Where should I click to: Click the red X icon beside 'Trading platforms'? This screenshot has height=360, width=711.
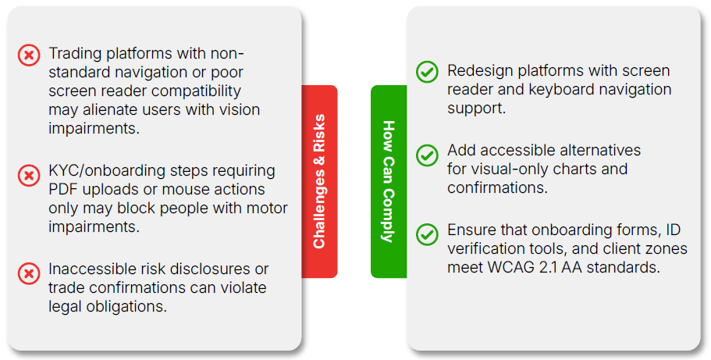click(28, 55)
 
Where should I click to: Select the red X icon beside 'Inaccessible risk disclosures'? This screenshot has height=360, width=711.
click(28, 273)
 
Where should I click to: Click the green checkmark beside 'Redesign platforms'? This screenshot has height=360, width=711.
click(427, 73)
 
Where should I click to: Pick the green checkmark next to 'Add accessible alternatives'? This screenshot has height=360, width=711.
click(427, 155)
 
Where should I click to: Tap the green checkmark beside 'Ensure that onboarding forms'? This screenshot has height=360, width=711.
click(427, 233)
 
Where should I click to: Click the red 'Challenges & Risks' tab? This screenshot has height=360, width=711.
click(319, 181)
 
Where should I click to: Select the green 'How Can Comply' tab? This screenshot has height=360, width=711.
click(389, 181)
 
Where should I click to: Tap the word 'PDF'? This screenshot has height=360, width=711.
click(62, 190)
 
